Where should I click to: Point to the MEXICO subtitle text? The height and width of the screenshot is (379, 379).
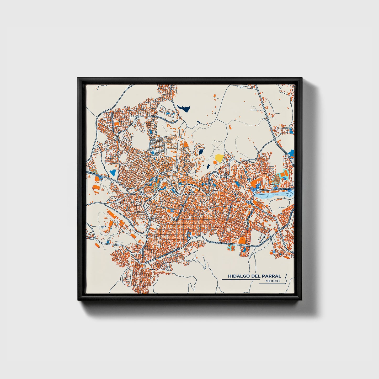point(273,281)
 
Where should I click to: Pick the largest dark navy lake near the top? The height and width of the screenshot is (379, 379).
point(183,108)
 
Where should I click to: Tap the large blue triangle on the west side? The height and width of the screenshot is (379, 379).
point(113,173)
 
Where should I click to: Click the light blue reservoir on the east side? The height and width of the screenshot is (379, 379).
point(273,195)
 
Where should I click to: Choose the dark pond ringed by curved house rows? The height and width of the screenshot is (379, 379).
point(201,152)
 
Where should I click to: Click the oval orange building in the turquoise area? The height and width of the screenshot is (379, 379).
point(282,174)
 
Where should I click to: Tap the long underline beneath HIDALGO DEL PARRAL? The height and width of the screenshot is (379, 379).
point(240,280)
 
